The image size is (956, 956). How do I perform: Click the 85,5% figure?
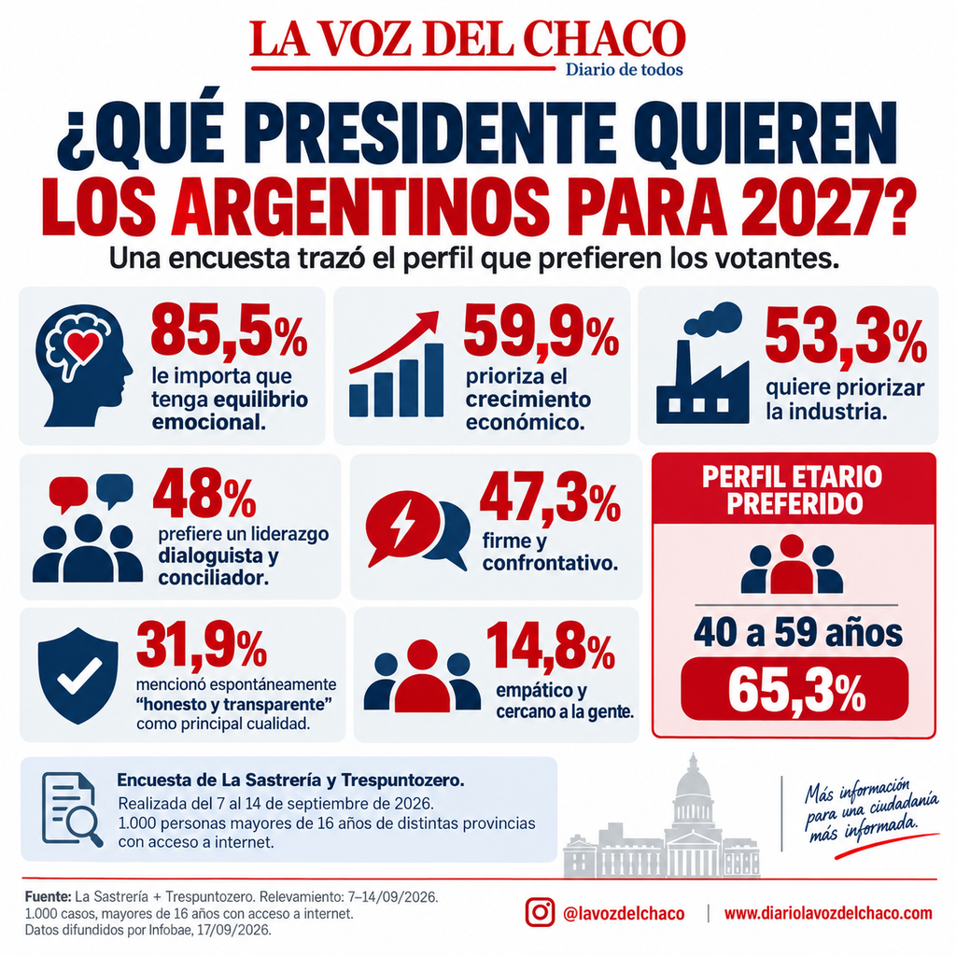pos(229,333)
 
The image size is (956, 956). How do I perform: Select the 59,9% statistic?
pos(541,333)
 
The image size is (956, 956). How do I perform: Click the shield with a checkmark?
pos(78,675)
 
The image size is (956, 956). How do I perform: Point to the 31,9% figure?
pos(202,644)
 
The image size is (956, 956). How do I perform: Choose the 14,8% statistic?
pos(551,647)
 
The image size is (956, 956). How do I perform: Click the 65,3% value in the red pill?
pos(796,691)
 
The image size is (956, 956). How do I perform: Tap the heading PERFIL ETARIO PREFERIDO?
pos(792,489)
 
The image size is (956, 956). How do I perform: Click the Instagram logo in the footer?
pos(540,913)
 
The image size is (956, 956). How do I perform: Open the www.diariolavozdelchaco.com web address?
pos(828,913)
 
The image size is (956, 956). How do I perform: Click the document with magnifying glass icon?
pos(71,809)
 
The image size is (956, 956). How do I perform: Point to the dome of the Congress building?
pos(693,777)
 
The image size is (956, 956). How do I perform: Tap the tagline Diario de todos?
pos(625,69)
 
